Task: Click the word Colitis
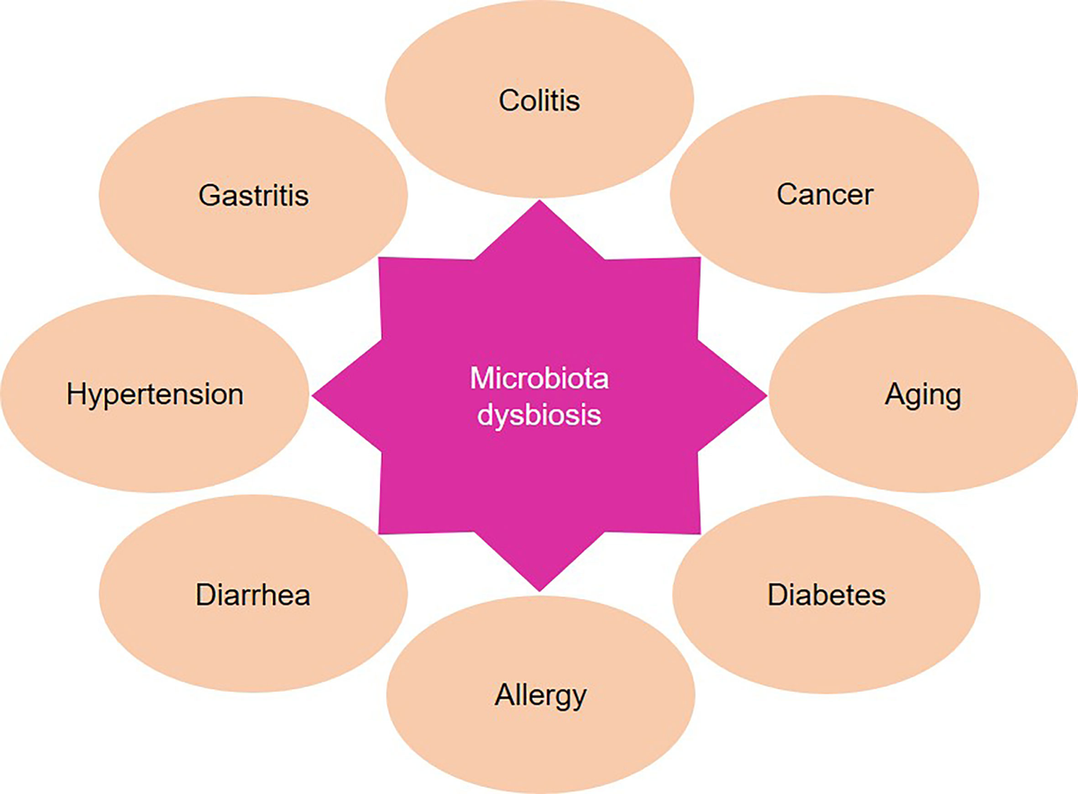(x=539, y=101)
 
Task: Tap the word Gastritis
(x=253, y=196)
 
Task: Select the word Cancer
(x=825, y=195)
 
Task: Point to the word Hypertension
(x=155, y=395)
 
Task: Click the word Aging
(x=923, y=396)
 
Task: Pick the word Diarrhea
(x=253, y=595)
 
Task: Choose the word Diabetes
(x=826, y=595)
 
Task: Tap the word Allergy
(x=541, y=696)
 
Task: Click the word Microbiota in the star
(x=539, y=378)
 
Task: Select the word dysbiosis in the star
(x=539, y=415)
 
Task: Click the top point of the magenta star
(x=540, y=200)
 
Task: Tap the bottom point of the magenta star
(x=540, y=591)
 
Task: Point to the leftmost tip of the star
(x=313, y=396)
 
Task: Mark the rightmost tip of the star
(x=766, y=396)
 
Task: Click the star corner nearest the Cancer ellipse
(x=700, y=258)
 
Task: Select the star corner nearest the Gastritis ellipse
(x=379, y=258)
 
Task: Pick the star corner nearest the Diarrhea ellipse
(x=379, y=534)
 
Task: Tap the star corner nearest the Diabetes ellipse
(x=700, y=534)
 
